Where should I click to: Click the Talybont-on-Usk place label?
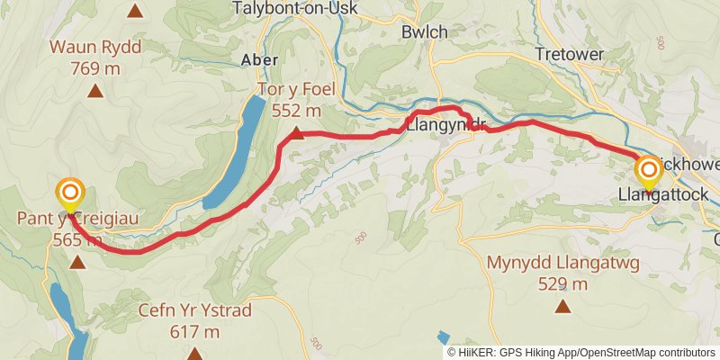pyautogui.click(x=294, y=8)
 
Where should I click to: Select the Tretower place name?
pyautogui.click(x=572, y=54)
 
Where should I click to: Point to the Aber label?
pyautogui.click(x=259, y=59)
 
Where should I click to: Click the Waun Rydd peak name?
pyautogui.click(x=95, y=47)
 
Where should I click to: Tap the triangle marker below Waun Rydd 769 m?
pyautogui.click(x=95, y=90)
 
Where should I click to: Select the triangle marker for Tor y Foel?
pyautogui.click(x=298, y=134)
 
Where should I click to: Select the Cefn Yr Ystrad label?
pyautogui.click(x=194, y=311)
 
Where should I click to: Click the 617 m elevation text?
pyautogui.click(x=193, y=331)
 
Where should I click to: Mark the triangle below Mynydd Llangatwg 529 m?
pyautogui.click(x=563, y=306)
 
